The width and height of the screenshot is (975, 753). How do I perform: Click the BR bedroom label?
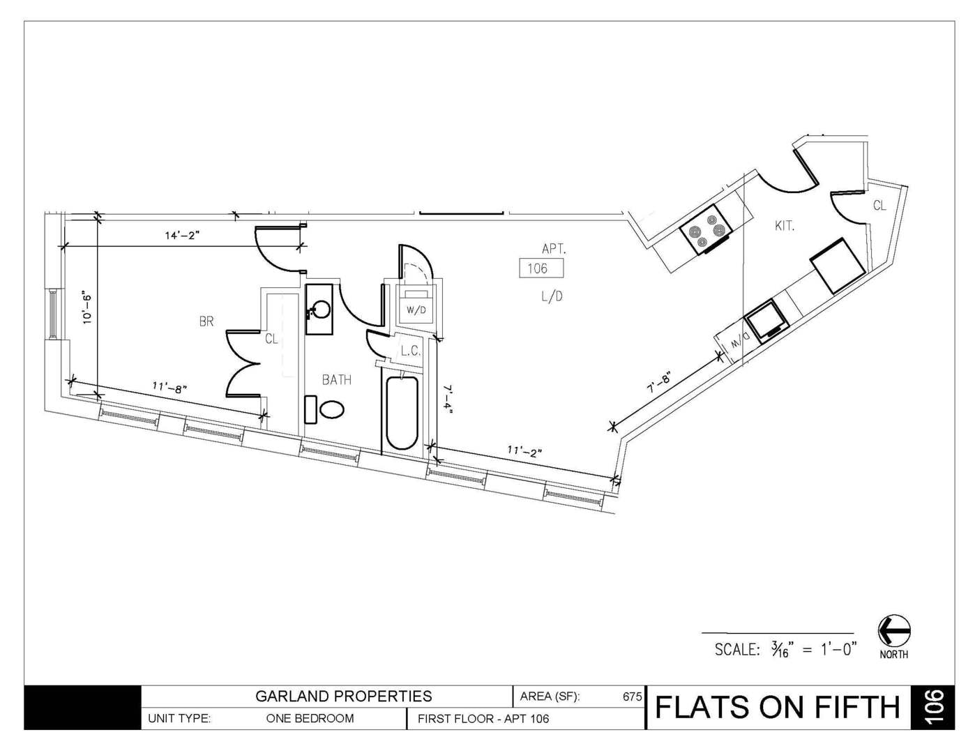[206, 321]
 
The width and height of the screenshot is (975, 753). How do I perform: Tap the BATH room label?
[337, 380]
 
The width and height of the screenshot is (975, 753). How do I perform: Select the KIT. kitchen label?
[785, 226]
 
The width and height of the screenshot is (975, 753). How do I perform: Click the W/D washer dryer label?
[416, 310]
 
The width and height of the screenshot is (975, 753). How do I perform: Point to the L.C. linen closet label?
[411, 351]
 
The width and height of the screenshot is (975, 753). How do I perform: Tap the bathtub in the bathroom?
[402, 413]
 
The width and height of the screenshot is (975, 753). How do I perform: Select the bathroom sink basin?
[319, 310]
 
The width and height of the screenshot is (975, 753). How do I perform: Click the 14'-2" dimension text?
[182, 235]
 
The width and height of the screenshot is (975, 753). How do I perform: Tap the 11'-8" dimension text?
[169, 387]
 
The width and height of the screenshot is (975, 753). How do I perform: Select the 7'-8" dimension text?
[658, 383]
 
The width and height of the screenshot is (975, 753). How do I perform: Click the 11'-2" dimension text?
[524, 450]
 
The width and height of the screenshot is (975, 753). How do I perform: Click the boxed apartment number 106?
[541, 268]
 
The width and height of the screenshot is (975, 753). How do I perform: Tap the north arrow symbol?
[894, 630]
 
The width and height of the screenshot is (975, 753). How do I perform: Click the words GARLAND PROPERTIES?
[344, 696]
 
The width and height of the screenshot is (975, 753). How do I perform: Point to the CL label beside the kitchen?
[880, 206]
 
